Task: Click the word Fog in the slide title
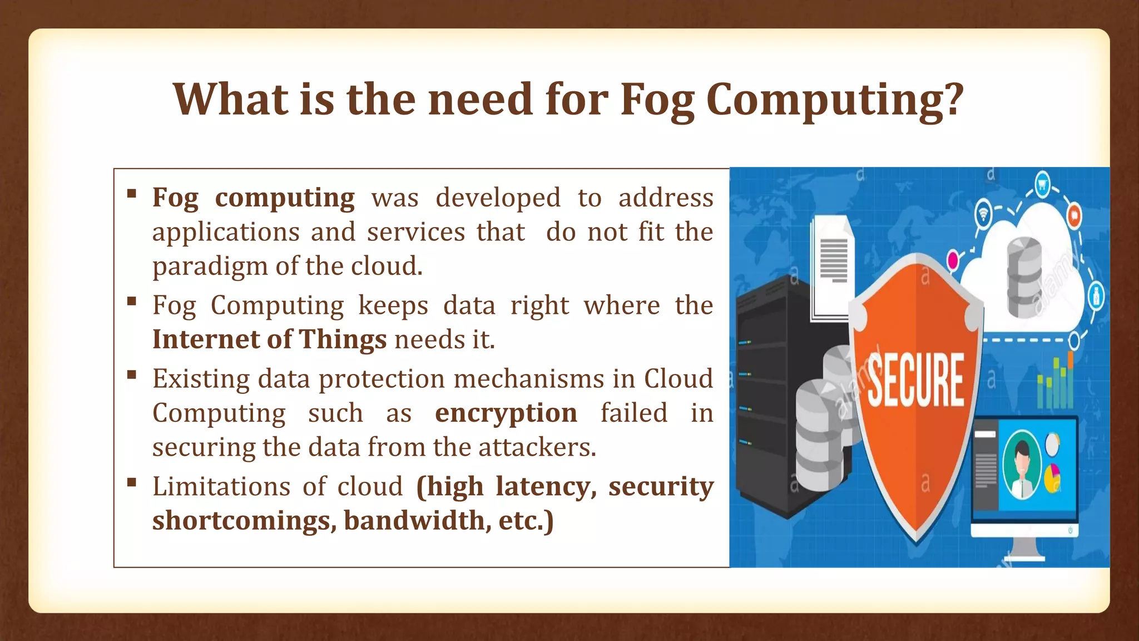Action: point(657,100)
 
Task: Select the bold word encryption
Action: point(506,413)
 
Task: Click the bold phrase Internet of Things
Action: point(269,339)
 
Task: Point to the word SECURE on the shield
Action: point(915,380)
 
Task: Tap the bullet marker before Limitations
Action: point(132,482)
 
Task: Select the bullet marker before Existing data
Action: point(132,374)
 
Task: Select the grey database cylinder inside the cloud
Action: point(1024,277)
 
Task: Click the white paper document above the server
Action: point(832,267)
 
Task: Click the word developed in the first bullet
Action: point(498,198)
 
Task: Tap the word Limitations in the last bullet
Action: point(221,486)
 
